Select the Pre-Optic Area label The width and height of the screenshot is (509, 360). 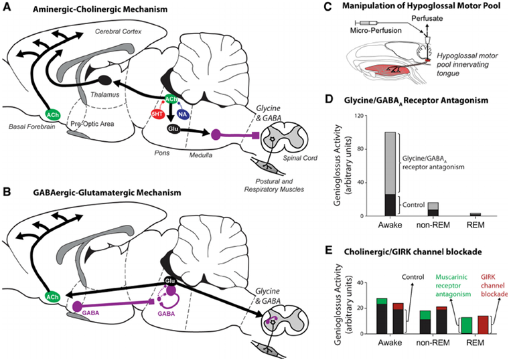pyautogui.click(x=90, y=124)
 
